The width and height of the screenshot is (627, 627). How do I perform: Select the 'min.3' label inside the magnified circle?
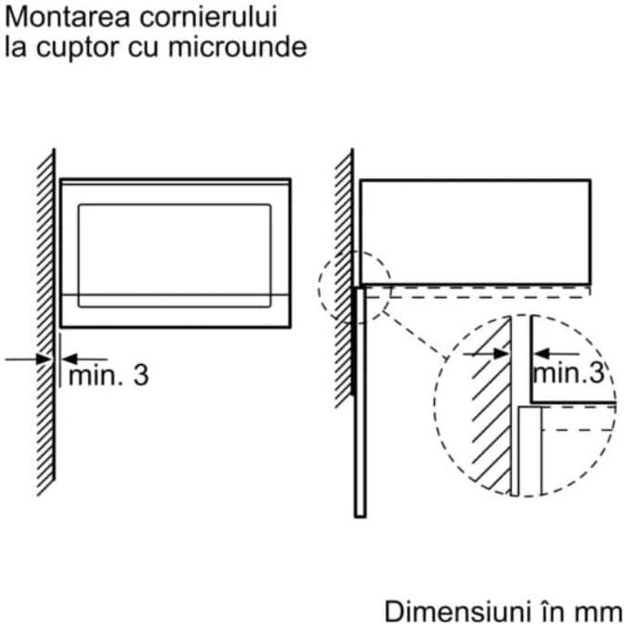[568, 373]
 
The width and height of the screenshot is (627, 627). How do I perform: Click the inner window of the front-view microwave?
[175, 253]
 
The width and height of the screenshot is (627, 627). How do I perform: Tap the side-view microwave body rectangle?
[475, 230]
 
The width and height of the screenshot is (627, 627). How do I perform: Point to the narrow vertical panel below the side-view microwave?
[359, 399]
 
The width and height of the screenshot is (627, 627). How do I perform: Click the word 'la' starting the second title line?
[14, 47]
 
